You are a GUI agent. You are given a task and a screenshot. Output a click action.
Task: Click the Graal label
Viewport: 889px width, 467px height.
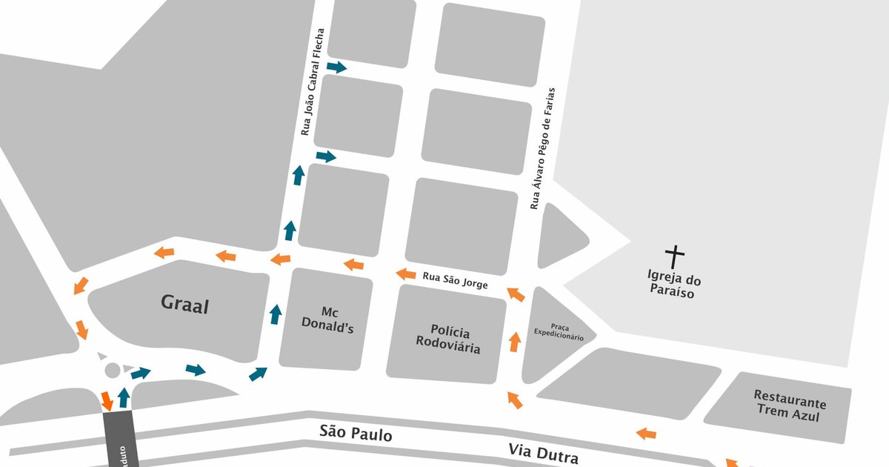pyautogui.click(x=185, y=305)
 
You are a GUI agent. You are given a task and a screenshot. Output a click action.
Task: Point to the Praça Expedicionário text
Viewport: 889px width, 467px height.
pyautogui.click(x=559, y=332)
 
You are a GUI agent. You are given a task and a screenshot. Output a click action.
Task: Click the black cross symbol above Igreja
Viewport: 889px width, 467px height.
pyautogui.click(x=674, y=257)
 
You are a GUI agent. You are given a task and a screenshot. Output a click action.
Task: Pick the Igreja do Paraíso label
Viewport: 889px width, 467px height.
pyautogui.click(x=674, y=287)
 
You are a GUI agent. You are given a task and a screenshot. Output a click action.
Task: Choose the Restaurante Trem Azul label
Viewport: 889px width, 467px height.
pyautogui.click(x=789, y=410)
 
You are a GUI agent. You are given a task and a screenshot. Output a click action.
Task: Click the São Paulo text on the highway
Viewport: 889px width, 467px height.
pyautogui.click(x=356, y=433)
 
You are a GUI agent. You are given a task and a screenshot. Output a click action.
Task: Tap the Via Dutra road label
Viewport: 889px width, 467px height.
pyautogui.click(x=543, y=451)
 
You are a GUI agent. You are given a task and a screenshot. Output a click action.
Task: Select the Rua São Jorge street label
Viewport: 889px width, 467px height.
pyautogui.click(x=455, y=280)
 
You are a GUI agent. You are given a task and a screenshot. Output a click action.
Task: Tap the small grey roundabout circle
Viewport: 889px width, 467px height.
pyautogui.click(x=113, y=370)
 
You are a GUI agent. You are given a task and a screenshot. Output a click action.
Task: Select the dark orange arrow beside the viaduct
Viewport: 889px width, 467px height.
pyautogui.click(x=107, y=400)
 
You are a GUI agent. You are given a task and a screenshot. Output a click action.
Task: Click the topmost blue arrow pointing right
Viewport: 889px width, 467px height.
pyautogui.click(x=336, y=67)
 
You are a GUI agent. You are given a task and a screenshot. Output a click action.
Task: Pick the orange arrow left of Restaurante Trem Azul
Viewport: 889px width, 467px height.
pyautogui.click(x=646, y=433)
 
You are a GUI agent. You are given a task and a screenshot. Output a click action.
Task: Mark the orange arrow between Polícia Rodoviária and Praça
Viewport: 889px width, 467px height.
pyautogui.click(x=515, y=342)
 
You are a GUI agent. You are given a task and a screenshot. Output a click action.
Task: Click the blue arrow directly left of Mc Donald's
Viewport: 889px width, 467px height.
pyautogui.click(x=276, y=314)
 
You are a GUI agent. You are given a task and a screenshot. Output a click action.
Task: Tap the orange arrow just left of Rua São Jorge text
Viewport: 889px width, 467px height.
pyautogui.click(x=405, y=274)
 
